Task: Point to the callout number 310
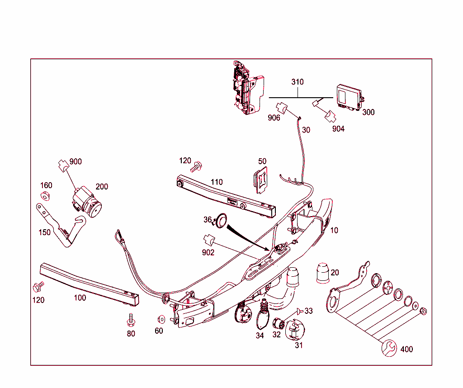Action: pos(298,82)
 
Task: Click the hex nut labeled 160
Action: pos(45,195)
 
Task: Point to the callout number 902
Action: pos(208,253)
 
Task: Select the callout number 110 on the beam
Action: pos(217,182)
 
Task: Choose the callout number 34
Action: pos(260,336)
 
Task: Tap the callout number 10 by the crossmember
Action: pos(334,230)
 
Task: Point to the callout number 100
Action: pos(80,298)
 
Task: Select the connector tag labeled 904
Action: pos(338,129)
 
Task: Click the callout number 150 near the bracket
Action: pos(44,232)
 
